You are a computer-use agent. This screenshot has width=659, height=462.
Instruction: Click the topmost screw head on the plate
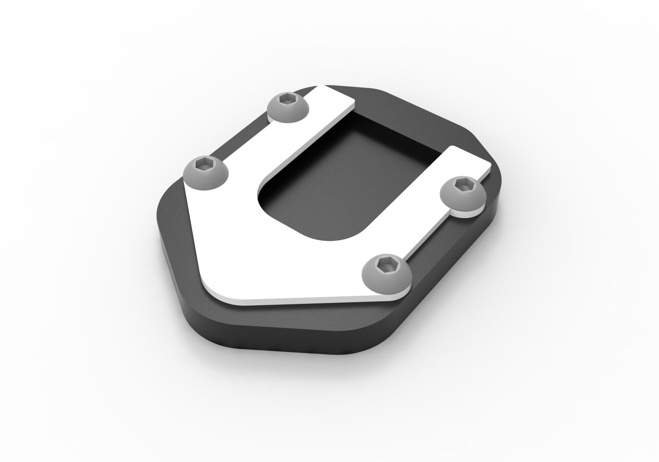point(288,107)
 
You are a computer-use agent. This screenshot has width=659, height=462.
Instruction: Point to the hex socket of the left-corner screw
point(204,165)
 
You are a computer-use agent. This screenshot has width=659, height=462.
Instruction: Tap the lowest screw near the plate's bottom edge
point(384,272)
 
